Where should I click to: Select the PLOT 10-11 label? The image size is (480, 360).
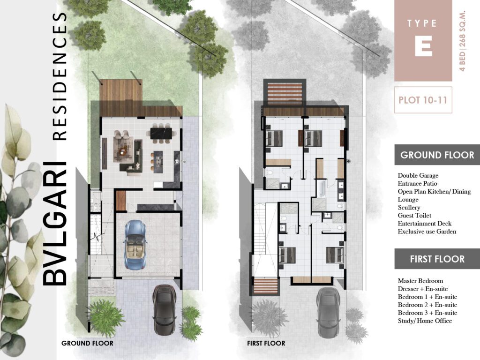coord(423,100)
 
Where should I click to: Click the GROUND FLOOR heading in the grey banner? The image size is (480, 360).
coord(437,155)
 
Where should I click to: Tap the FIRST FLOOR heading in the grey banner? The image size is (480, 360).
coord(437,259)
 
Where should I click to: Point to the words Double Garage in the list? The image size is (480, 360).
coord(418,176)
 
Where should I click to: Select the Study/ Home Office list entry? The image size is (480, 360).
coord(425,321)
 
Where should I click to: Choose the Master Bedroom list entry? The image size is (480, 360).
coord(420,281)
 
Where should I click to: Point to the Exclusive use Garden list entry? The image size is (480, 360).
coord(427,232)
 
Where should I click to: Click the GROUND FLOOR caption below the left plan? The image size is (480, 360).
coord(87,343)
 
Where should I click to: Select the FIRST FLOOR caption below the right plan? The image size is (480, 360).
coord(266,343)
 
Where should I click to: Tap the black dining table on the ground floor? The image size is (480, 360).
coord(162,133)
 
